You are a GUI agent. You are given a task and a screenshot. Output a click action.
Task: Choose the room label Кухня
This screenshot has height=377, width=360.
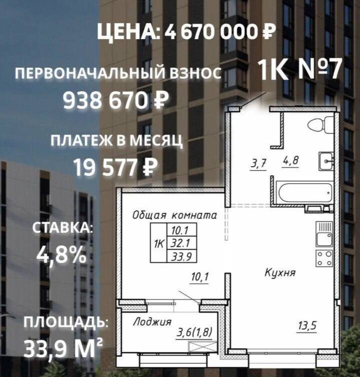pyautogui.click(x=280, y=273)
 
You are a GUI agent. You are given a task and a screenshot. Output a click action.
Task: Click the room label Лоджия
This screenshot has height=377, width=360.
pyautogui.click(x=152, y=322)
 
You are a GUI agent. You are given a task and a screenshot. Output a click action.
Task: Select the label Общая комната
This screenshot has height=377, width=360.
pyautogui.click(x=174, y=216)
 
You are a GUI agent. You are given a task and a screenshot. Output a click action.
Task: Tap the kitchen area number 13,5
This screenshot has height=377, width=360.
pyautogui.click(x=307, y=326)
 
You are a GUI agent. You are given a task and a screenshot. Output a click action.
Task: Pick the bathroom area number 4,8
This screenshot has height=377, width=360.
pyautogui.click(x=291, y=161)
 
